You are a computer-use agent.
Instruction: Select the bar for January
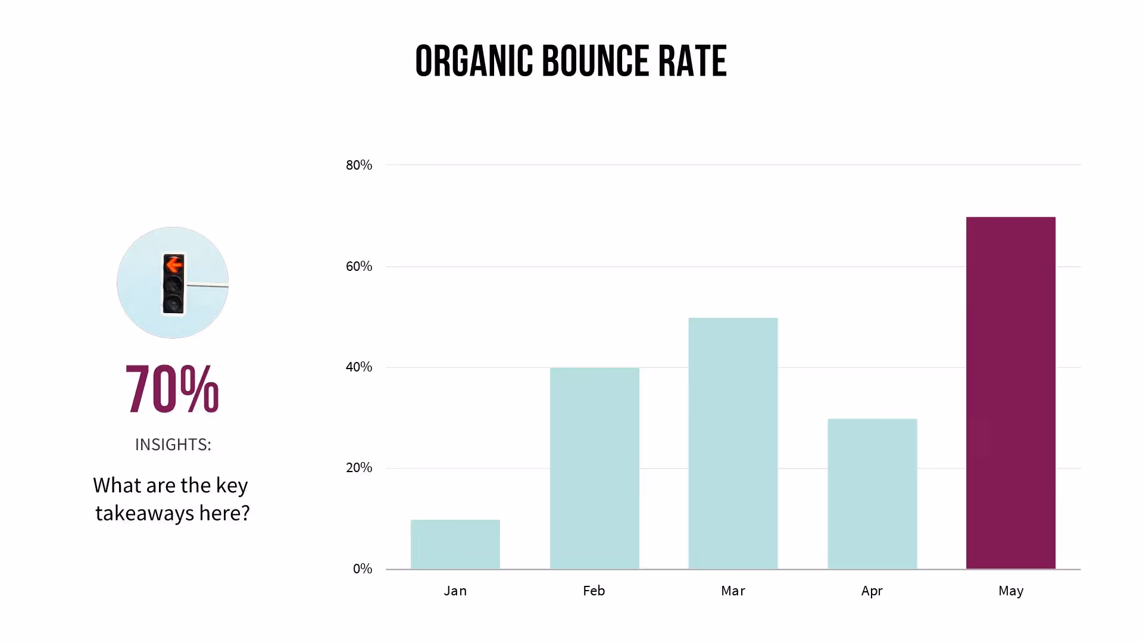[x=455, y=544]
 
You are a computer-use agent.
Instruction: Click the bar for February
[x=594, y=468]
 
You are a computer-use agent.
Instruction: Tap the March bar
[x=733, y=443]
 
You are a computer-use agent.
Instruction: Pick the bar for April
[x=872, y=494]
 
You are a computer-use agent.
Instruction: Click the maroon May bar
[x=1010, y=393]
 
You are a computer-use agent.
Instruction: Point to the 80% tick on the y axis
[x=358, y=165]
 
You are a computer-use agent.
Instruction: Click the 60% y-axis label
[x=358, y=266]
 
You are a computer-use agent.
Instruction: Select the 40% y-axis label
[x=358, y=367]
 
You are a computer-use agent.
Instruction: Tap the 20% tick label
[x=358, y=467]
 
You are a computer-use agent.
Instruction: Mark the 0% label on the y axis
[x=362, y=569]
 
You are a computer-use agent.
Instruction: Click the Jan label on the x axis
[x=455, y=591]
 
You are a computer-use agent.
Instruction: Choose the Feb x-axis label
[x=594, y=591]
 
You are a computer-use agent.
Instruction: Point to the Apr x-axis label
[x=872, y=591]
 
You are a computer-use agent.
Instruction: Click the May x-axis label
[x=1010, y=591]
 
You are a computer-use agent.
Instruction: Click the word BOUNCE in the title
[x=596, y=61]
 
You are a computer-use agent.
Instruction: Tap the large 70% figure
[x=172, y=389]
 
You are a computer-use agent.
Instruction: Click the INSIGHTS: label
[x=173, y=445]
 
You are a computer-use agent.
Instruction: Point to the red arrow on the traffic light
[x=174, y=264]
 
